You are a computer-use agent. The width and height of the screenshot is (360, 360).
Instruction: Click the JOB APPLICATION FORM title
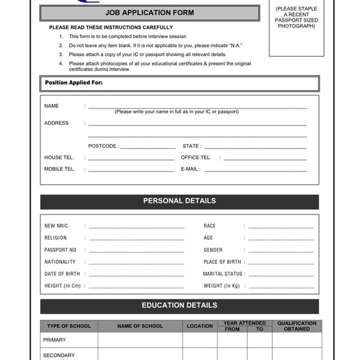click(x=149, y=13)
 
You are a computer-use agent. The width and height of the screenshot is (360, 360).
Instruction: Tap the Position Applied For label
click(x=74, y=83)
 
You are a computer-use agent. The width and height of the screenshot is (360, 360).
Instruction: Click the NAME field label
click(x=52, y=106)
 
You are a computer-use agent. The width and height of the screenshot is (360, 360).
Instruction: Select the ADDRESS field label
click(x=56, y=123)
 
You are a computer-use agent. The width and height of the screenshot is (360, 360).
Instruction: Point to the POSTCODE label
click(x=103, y=146)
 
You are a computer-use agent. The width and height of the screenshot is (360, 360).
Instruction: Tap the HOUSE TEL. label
click(x=59, y=158)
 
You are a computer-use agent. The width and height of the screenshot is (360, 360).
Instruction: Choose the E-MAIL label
click(x=190, y=169)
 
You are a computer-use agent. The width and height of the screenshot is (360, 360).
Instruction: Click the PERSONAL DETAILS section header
click(x=179, y=201)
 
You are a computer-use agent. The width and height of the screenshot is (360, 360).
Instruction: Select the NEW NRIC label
click(x=56, y=226)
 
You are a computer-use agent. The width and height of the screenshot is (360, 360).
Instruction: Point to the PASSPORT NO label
click(x=61, y=250)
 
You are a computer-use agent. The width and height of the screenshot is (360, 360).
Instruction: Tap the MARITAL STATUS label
click(x=223, y=274)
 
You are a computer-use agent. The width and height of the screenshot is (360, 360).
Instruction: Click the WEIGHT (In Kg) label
click(x=221, y=286)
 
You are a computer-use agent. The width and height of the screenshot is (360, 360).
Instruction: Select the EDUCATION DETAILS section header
click(x=179, y=305)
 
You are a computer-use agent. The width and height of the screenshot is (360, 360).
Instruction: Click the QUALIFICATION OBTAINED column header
click(x=297, y=326)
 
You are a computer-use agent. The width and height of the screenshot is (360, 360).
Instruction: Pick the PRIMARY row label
click(x=55, y=340)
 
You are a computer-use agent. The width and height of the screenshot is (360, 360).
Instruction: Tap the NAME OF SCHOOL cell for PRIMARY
click(x=140, y=340)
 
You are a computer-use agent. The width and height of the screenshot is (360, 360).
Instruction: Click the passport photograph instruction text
click(x=296, y=17)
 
